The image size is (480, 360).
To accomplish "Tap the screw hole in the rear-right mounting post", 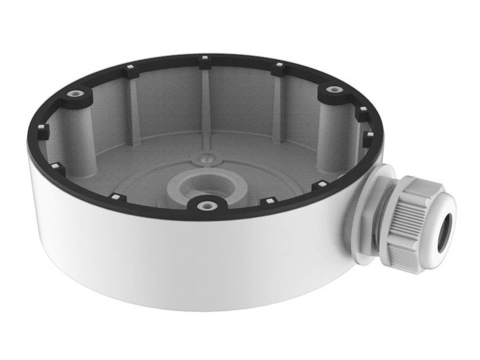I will pyautogui.click(x=333, y=89).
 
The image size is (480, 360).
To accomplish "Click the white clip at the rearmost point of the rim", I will pyautogui.click(x=203, y=58).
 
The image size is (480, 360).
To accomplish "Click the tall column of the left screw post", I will pyautogui.click(x=80, y=131).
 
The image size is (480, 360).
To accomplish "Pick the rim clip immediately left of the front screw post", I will pyautogui.click(x=116, y=197).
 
